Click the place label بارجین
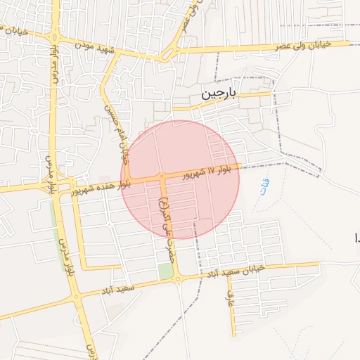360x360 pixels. coord(220,94)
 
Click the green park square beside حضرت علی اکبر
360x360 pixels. coord(165,271)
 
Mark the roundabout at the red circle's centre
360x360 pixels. coord(162,176)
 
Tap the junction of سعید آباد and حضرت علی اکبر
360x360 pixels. coord(177,279)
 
